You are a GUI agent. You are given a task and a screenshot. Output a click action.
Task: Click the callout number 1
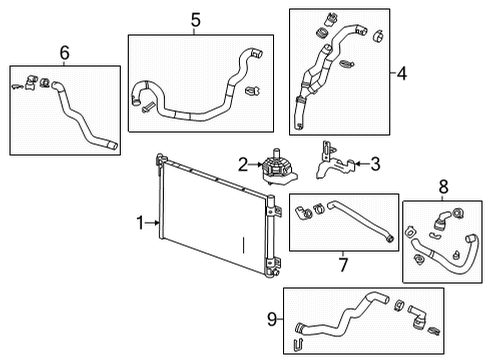click(141, 221)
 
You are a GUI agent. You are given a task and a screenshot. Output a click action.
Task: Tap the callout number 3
click(375, 163)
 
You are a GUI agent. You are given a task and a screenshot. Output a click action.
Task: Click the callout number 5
click(196, 18)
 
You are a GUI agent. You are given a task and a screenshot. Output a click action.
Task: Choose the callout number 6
click(65, 52)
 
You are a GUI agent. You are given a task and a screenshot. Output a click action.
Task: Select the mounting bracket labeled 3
click(334, 164)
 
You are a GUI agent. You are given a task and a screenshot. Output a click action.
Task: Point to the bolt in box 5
click(148, 107)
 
